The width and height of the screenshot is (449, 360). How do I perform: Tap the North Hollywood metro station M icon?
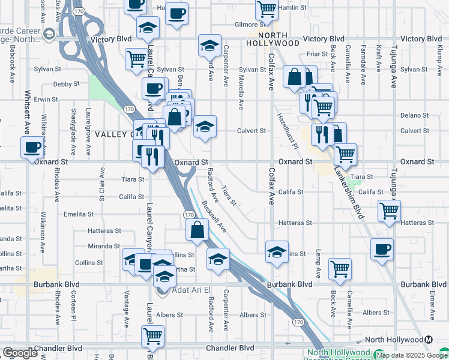429,340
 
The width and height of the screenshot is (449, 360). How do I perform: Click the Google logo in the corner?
19,353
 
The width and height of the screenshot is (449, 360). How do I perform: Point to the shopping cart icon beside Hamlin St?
266,9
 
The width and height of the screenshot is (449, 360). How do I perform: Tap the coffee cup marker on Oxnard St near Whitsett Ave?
32,146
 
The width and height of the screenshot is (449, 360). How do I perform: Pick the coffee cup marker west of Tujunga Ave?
381,248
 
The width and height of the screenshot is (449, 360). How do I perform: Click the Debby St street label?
66,84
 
